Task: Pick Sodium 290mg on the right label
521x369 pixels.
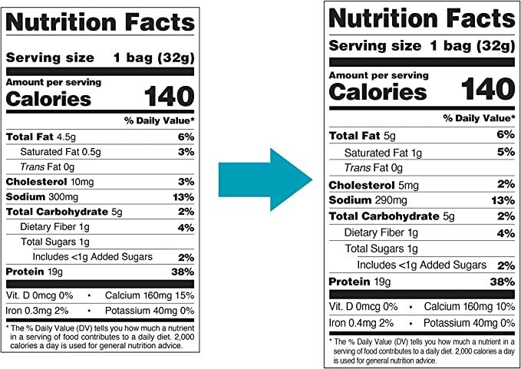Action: pos(362,199)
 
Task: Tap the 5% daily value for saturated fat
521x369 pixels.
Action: pos(504,152)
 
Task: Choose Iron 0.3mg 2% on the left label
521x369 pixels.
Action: pos(38,310)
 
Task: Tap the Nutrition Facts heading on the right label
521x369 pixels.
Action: pos(420,18)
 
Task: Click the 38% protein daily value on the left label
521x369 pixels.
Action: pos(184,272)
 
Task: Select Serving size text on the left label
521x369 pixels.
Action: pos(50,58)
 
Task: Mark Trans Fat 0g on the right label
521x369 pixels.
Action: pos(373,168)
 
